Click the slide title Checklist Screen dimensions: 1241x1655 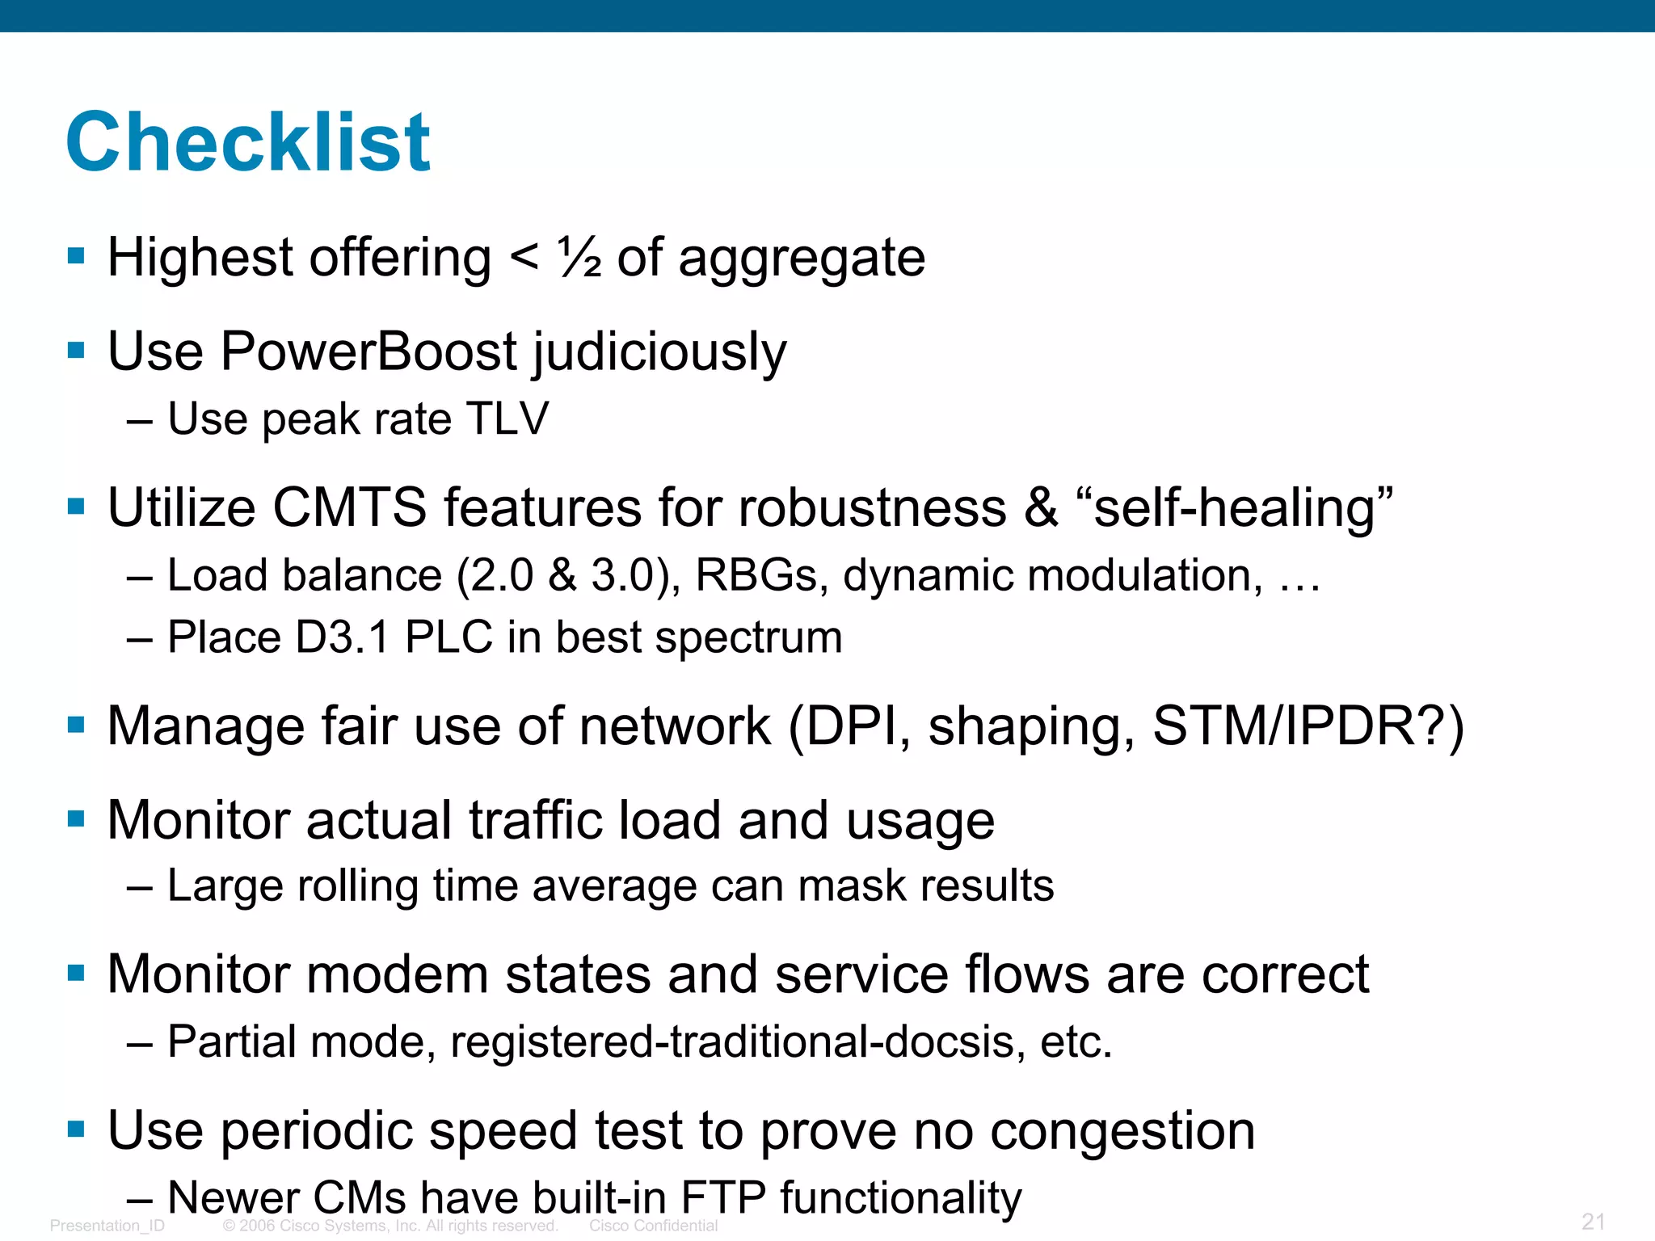248,143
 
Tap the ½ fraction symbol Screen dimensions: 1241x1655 579,259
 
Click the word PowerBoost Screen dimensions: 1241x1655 368,352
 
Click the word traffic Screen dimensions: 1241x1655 535,821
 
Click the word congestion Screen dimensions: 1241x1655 1122,1130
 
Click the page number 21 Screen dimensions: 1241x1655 1593,1222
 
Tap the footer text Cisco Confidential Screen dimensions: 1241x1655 653,1226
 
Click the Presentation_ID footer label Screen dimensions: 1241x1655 107,1226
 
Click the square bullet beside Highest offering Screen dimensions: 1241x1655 77,257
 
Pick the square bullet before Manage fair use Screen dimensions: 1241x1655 77,725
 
